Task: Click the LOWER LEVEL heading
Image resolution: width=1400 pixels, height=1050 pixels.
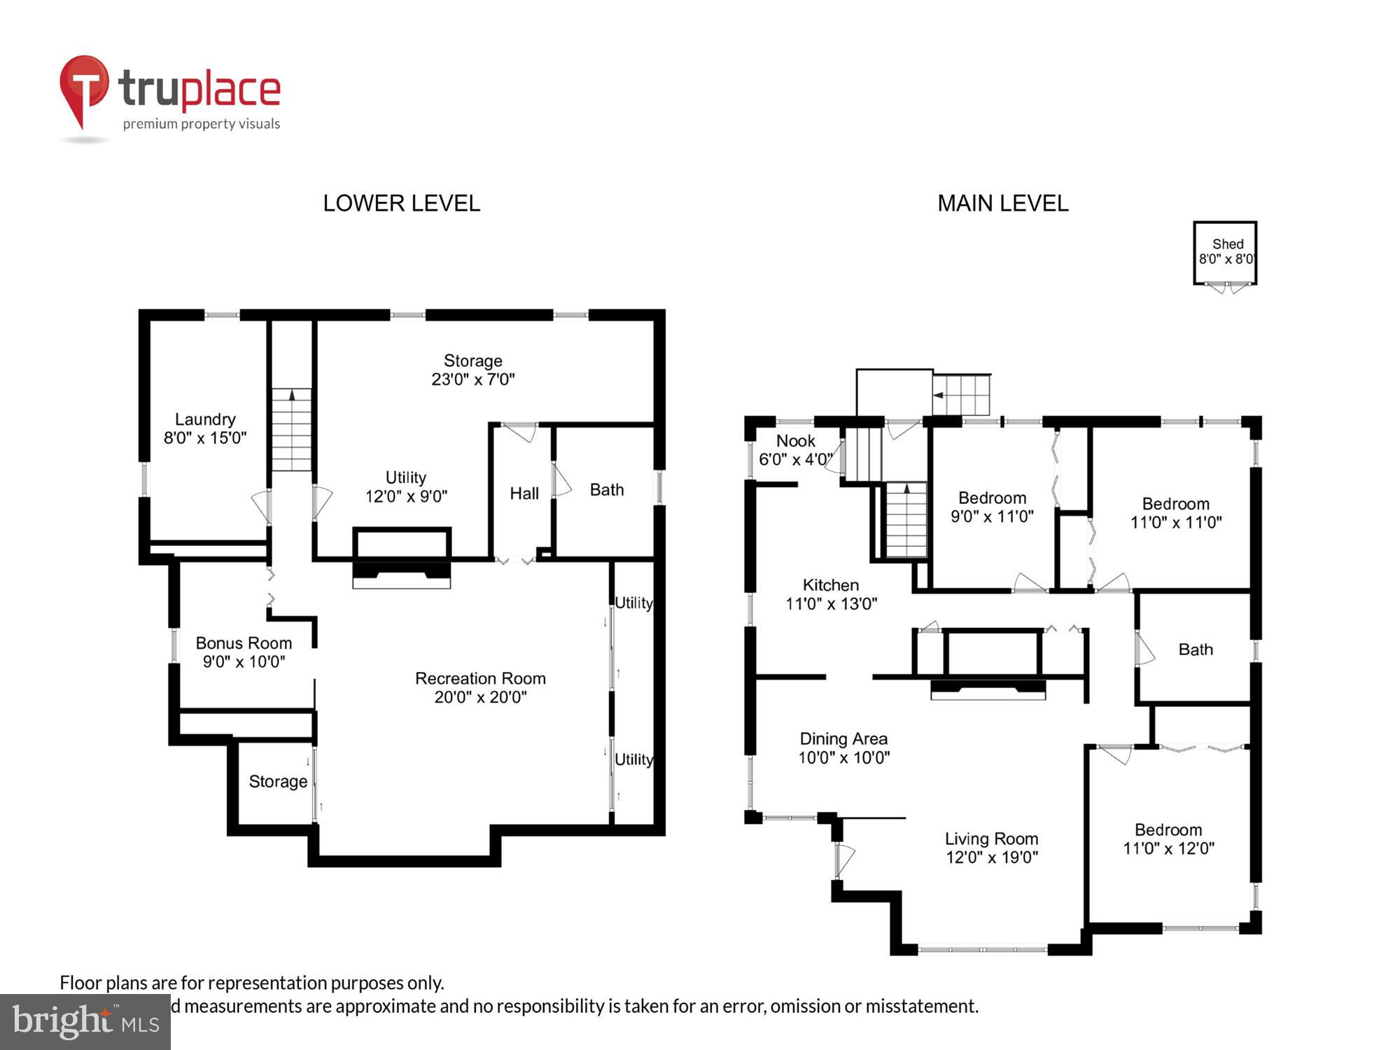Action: point(401,204)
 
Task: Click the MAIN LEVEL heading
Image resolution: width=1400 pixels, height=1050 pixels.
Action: point(1002,204)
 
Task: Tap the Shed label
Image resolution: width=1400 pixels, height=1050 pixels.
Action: point(1227,244)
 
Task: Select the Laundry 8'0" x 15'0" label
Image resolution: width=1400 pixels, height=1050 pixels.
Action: point(204,428)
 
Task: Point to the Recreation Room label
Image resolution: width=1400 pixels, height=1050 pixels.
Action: point(480,678)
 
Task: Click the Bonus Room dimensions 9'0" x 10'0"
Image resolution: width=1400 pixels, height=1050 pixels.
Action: point(244,661)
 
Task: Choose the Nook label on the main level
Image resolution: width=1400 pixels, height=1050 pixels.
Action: point(796,441)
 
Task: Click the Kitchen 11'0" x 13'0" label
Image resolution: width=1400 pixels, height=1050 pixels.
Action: point(831,594)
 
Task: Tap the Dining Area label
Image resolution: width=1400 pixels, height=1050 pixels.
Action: point(843,739)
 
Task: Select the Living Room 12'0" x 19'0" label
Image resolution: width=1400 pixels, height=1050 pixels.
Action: point(991,848)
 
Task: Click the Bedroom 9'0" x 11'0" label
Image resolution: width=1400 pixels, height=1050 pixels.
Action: point(992,507)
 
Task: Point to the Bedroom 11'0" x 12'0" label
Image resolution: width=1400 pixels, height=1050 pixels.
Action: point(1168,839)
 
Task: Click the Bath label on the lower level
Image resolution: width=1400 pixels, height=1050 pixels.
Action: point(606,490)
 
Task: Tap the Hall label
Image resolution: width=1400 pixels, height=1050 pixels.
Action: point(524,493)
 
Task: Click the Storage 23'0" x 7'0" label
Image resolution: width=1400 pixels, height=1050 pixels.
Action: point(472,370)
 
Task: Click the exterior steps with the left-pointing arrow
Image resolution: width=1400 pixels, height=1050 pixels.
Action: point(961,395)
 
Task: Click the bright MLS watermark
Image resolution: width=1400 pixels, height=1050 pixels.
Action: point(85,1021)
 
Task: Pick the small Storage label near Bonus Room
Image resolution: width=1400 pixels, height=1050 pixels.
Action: point(278,781)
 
